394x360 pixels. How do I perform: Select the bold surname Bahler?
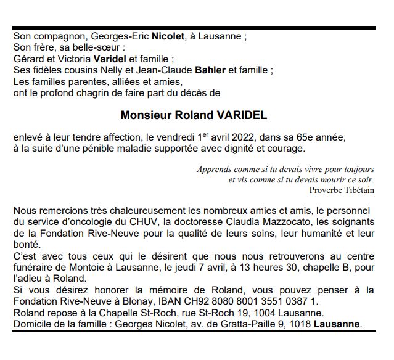coord(210,70)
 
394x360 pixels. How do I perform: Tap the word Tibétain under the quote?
coord(359,190)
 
